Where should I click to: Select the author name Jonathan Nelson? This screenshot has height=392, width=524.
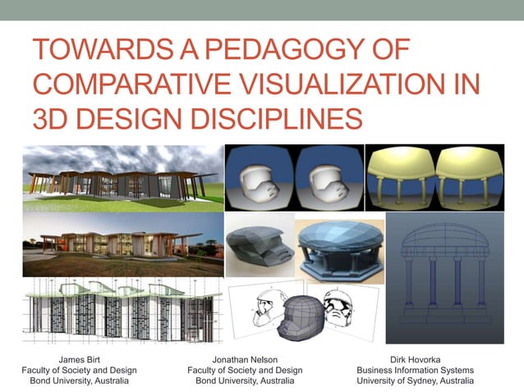[x=245, y=359]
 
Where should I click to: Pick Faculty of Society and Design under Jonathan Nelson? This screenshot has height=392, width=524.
[x=245, y=370]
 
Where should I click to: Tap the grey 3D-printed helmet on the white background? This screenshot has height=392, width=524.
[x=258, y=247]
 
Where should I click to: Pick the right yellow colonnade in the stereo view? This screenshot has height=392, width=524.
[x=467, y=177]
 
